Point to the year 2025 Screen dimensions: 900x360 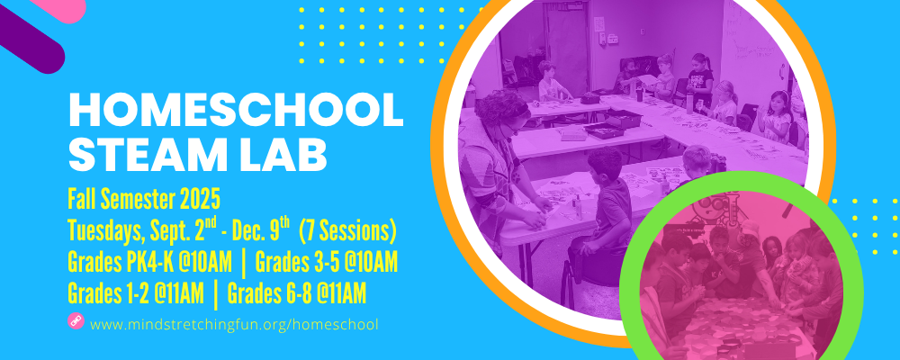[x=200, y=200]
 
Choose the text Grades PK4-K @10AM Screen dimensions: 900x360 [x=149, y=263]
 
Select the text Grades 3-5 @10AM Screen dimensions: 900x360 [x=327, y=263]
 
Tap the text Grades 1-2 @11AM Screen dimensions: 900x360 [x=136, y=293]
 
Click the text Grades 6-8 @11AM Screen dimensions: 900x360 [x=297, y=293]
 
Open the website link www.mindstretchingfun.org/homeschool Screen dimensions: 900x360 [x=234, y=324]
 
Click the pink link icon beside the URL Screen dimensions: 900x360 [x=76, y=321]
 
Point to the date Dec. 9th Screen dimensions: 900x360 [x=264, y=230]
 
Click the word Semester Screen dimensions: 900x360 [x=137, y=200]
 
